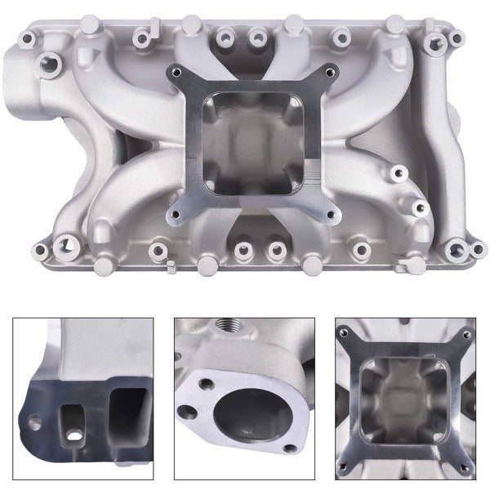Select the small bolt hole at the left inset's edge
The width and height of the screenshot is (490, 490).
(x=35, y=423)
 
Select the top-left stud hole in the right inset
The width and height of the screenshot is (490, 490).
(x=350, y=334)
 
